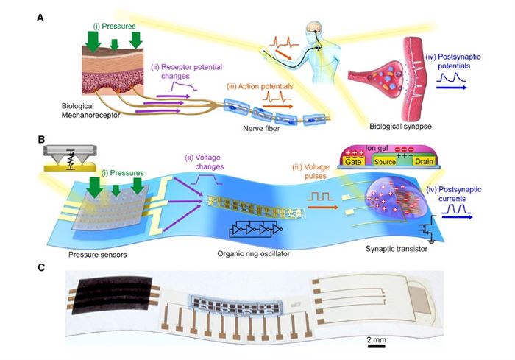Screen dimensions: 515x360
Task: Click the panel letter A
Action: (x=40, y=18)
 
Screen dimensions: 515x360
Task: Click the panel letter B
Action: (x=41, y=139)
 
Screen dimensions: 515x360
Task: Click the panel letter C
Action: (x=41, y=268)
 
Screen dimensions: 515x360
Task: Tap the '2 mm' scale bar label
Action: (x=377, y=339)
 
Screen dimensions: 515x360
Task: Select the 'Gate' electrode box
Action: (x=353, y=161)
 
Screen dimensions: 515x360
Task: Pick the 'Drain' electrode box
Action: (x=424, y=161)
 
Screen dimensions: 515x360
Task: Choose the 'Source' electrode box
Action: (x=385, y=161)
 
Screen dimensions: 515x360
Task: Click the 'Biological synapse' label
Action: (x=400, y=126)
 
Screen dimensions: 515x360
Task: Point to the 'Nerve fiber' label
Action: (x=261, y=128)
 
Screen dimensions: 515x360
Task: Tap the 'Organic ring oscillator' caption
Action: (x=254, y=253)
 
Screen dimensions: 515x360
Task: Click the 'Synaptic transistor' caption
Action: (x=397, y=249)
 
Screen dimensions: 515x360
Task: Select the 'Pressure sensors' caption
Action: (x=98, y=255)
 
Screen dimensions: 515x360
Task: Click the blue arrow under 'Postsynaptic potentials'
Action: (x=451, y=88)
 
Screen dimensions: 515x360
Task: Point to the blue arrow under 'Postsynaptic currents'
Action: (x=457, y=217)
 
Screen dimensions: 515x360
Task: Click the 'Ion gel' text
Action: (x=377, y=149)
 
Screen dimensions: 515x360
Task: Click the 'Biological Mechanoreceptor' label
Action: (x=90, y=110)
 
